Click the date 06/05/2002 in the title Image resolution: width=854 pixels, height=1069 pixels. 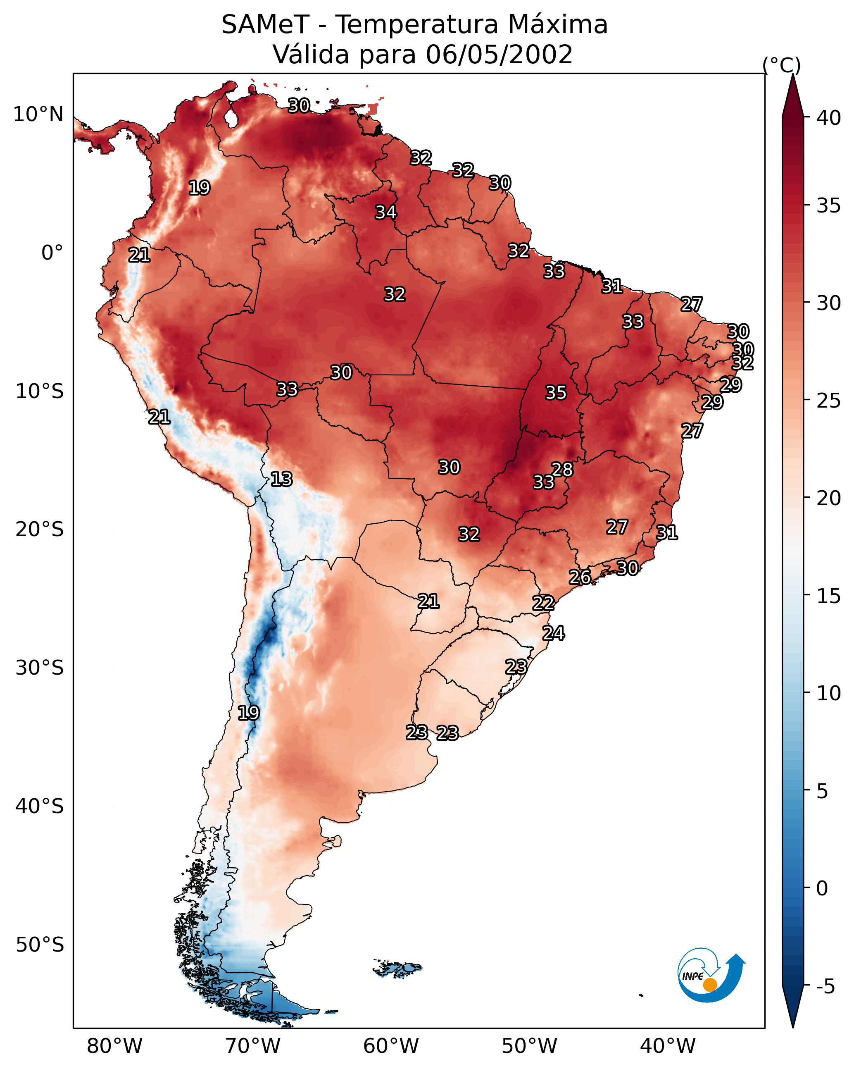click(499, 55)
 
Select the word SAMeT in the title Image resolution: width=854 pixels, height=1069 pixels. click(265, 25)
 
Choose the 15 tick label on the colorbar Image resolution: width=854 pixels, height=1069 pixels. click(828, 596)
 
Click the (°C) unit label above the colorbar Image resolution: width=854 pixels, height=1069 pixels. click(781, 65)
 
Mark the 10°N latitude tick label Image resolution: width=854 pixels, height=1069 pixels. click(38, 115)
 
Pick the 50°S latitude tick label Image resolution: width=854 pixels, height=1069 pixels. click(40, 945)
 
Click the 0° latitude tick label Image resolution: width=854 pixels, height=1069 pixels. click(52, 253)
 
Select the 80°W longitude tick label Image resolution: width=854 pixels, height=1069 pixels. click(114, 1046)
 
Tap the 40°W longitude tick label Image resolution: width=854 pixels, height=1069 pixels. click(668, 1046)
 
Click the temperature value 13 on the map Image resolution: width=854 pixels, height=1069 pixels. click(281, 479)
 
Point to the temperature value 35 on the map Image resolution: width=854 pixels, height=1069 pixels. click(556, 393)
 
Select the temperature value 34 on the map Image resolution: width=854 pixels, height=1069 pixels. click(385, 212)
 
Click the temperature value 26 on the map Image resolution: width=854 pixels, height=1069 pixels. click(579, 577)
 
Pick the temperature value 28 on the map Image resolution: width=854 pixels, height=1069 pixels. click(562, 469)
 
